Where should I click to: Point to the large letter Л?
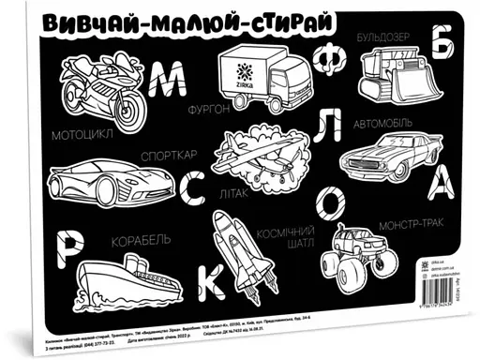[324, 127]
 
